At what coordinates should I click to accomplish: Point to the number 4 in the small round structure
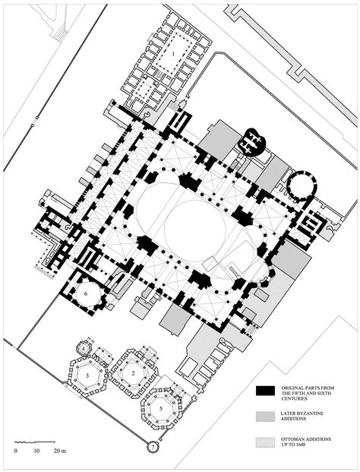pos(84,349)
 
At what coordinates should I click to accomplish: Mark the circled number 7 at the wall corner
pos(152,447)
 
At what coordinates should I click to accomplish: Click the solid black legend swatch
pos(264,391)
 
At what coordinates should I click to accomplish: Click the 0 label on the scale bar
pos(15,451)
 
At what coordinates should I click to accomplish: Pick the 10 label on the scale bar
pos(36,451)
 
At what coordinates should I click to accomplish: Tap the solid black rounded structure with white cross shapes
pos(251,141)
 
